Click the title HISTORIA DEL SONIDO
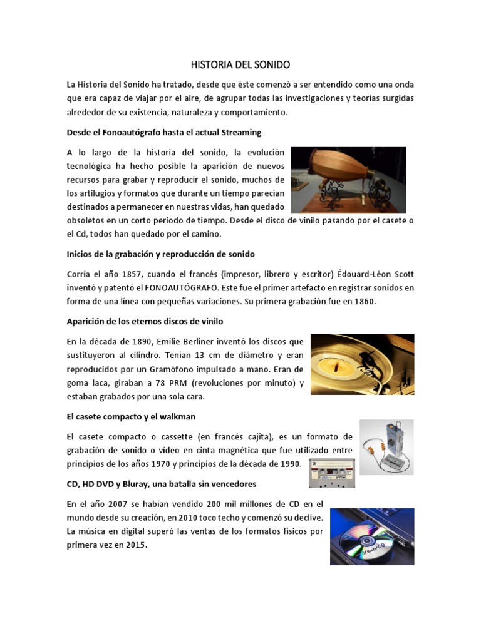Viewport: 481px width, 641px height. click(240, 64)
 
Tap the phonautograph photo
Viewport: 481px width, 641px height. click(348, 180)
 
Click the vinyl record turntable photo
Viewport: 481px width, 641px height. click(362, 364)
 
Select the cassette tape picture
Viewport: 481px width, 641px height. click(332, 471)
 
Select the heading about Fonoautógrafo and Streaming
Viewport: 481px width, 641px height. click(163, 133)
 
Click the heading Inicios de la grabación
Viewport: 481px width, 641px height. click(160, 255)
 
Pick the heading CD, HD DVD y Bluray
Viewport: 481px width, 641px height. click(161, 485)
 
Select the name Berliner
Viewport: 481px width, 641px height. click(202, 342)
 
